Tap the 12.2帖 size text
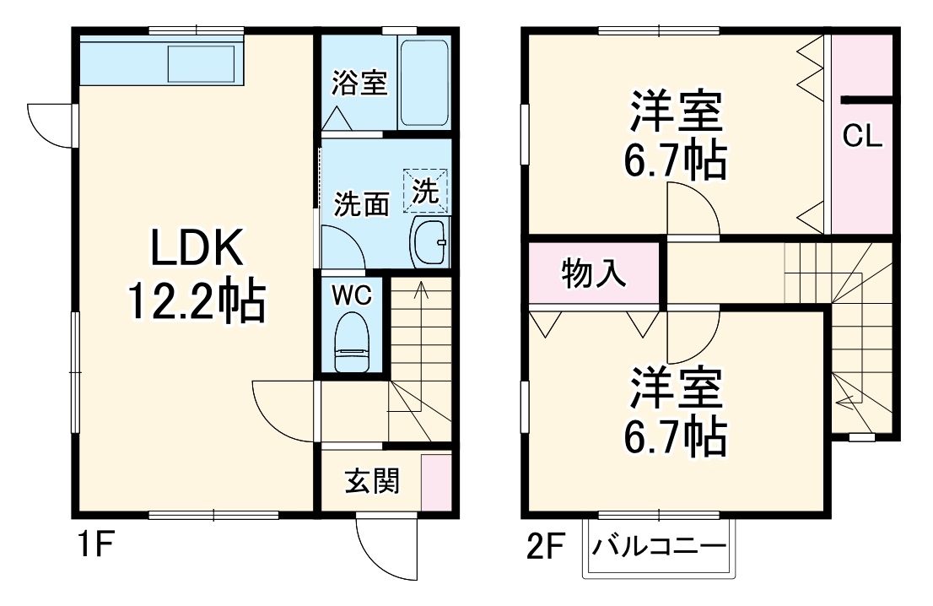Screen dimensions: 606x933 (x=197, y=301)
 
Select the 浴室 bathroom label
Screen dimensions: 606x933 (x=359, y=84)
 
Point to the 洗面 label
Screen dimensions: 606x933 (x=362, y=204)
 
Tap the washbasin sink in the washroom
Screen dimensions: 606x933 (x=430, y=241)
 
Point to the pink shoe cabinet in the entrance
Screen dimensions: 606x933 (x=436, y=482)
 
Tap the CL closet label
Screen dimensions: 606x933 (x=862, y=136)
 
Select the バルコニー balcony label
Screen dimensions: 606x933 (x=658, y=546)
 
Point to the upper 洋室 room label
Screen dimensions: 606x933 (x=675, y=114)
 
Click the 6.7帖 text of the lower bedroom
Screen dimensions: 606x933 (x=675, y=435)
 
